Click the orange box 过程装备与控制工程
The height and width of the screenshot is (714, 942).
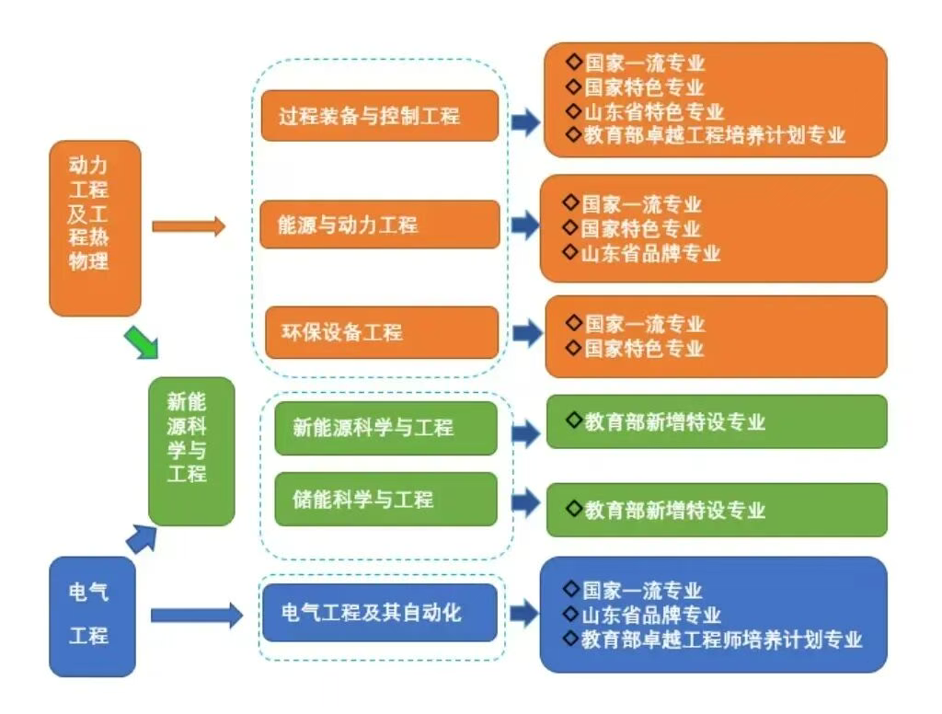379,116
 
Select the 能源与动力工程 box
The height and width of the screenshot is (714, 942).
379,225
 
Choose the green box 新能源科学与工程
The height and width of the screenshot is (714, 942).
385,428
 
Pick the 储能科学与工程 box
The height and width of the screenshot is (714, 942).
385,500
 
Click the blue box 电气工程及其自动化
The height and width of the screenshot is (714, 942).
379,612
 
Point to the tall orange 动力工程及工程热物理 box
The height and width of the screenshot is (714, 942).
95,227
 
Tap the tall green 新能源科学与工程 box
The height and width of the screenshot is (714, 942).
191,451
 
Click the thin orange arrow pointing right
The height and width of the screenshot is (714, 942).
188,225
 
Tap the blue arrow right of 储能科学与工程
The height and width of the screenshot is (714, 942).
526,502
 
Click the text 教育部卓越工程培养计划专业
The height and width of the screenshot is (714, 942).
715,135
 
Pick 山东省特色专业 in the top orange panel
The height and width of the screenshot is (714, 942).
654,112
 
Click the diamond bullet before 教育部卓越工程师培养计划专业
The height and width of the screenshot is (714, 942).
571,638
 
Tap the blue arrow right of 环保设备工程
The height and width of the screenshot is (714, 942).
527,333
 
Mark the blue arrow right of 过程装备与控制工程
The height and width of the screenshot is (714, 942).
525,122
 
